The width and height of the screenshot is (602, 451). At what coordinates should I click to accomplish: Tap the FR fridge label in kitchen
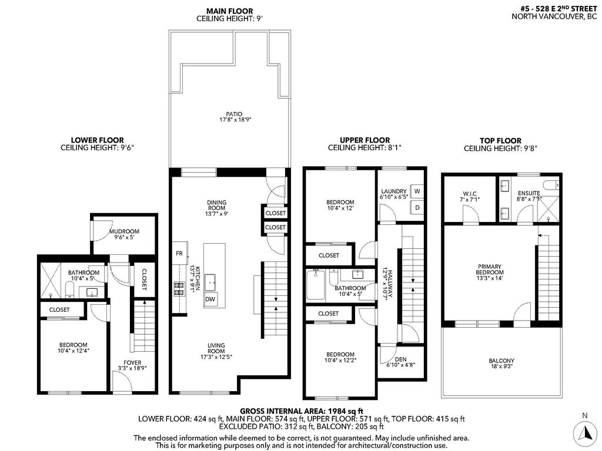[x=179, y=254]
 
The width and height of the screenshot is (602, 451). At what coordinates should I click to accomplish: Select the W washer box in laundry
[x=417, y=191]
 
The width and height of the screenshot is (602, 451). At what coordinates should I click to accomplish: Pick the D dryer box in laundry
[x=417, y=207]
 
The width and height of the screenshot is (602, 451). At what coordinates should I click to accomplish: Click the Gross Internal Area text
[x=302, y=410]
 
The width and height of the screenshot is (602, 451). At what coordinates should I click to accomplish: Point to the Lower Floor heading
[x=97, y=140]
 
